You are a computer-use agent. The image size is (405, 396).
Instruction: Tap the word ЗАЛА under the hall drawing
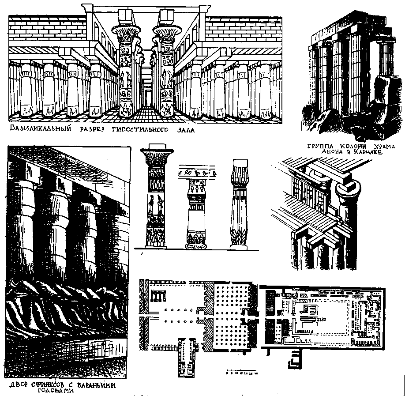point(184,130)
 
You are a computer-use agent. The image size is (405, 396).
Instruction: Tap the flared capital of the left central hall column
point(126,32)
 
